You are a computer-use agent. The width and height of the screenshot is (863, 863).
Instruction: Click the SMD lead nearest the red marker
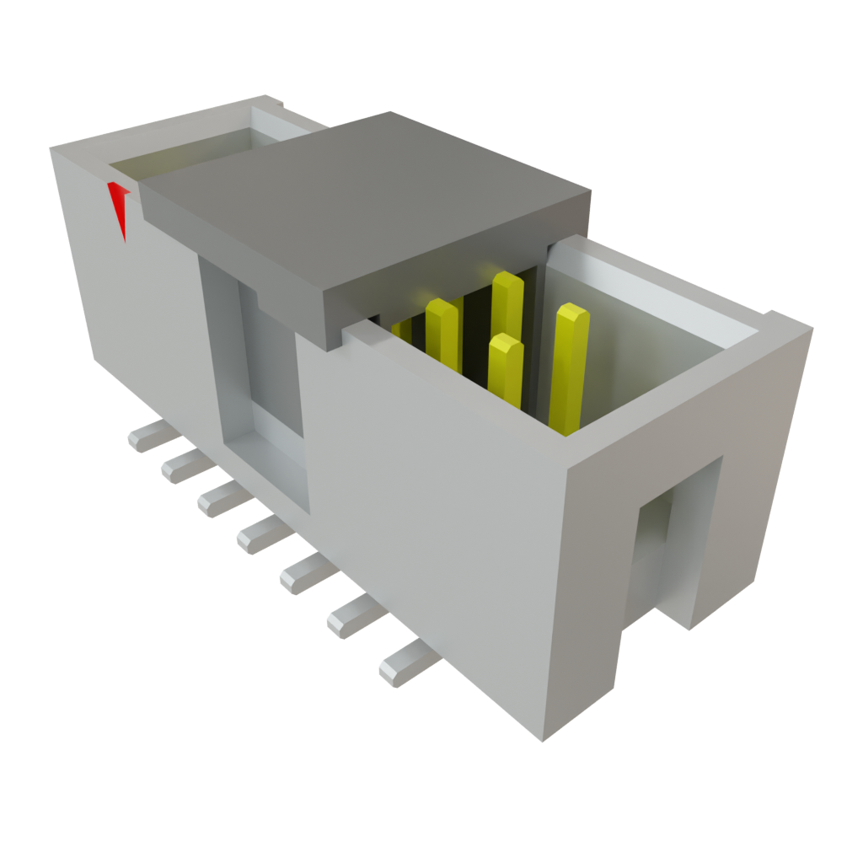[x=148, y=437]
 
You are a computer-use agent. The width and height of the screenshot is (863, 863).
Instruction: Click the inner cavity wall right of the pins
[x=641, y=354]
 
